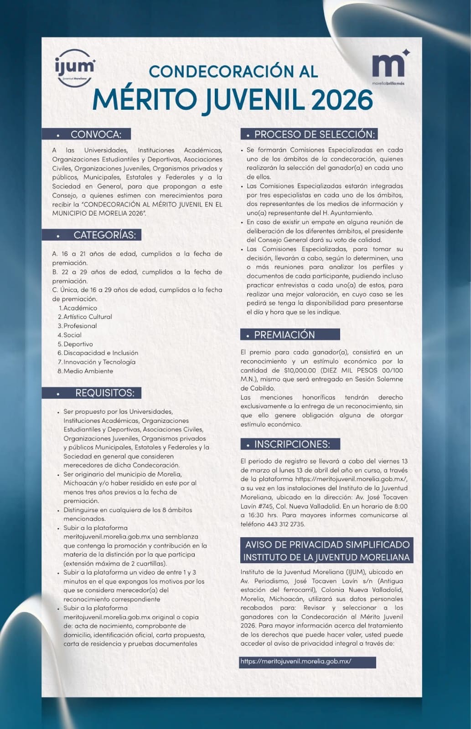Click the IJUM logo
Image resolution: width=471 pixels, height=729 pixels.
[x=75, y=67]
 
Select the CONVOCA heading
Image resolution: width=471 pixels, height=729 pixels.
[x=95, y=134]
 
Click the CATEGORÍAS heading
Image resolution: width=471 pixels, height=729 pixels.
[x=104, y=235]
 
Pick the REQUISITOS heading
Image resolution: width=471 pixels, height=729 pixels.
[x=104, y=393]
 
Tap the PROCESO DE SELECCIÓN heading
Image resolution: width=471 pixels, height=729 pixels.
[x=314, y=134]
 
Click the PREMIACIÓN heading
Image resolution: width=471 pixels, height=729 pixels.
[x=284, y=335]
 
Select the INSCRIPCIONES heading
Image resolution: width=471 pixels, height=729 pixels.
[x=291, y=444]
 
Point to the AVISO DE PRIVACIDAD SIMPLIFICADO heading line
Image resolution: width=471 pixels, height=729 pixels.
[x=327, y=544]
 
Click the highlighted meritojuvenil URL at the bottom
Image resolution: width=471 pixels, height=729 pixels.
[x=296, y=662]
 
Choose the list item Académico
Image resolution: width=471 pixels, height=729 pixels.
[x=80, y=308]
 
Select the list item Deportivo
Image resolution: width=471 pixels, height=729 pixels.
[x=78, y=344]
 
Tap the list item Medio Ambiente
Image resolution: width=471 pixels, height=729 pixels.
[x=88, y=371]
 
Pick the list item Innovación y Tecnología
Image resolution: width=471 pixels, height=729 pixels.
[x=99, y=362]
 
